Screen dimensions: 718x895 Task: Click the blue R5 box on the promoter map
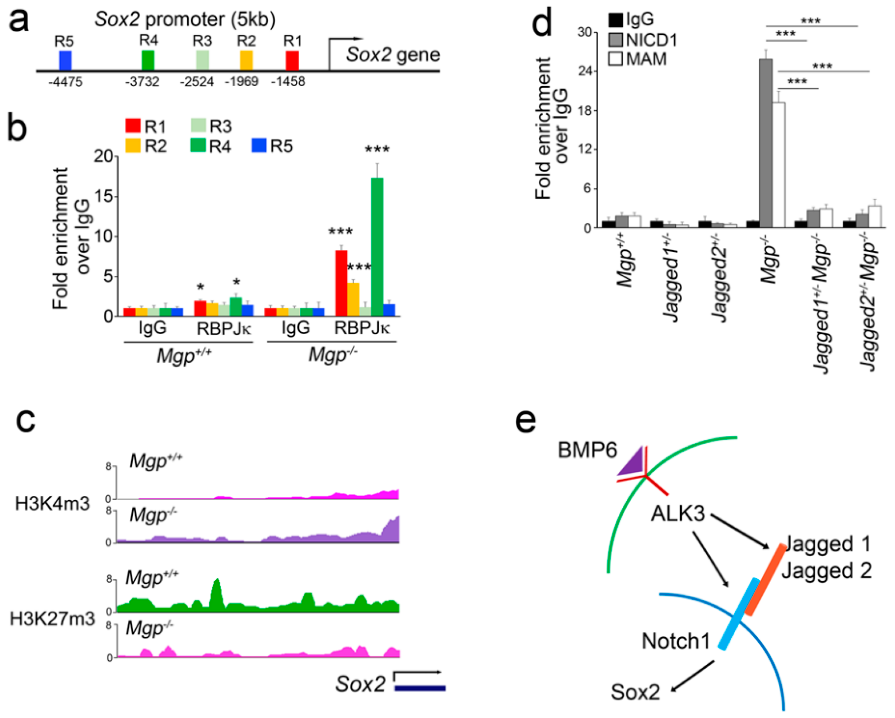[65, 60]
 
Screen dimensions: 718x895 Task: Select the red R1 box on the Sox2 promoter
[292, 60]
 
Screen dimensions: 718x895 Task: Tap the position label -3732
[142, 82]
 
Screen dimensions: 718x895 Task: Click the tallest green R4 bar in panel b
[377, 246]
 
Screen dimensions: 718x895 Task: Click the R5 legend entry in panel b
[272, 146]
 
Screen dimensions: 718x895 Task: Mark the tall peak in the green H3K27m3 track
[216, 591]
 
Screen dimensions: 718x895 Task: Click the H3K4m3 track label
[52, 503]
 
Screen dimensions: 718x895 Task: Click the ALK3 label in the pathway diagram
[677, 514]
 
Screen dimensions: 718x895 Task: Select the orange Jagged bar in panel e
[765, 579]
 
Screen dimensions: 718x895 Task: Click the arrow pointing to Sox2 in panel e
[692, 676]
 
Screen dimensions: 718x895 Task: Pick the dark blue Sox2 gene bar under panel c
[420, 688]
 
